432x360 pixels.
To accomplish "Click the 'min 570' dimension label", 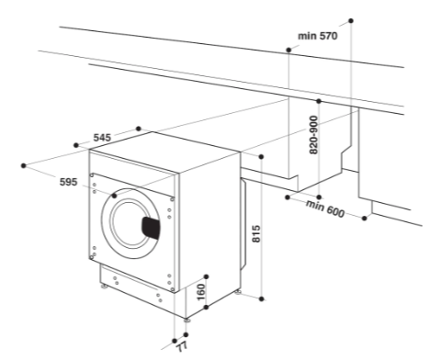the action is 317,36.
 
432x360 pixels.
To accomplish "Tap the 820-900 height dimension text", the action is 313,135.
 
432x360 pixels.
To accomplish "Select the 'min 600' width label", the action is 325,208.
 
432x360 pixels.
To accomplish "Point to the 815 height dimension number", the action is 256,233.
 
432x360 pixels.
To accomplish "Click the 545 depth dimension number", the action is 102,138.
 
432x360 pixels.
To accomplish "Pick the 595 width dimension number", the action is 68,182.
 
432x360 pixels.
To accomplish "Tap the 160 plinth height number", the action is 200,292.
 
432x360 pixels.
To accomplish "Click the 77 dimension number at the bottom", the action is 182,347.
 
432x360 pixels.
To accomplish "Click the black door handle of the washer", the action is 151,228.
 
